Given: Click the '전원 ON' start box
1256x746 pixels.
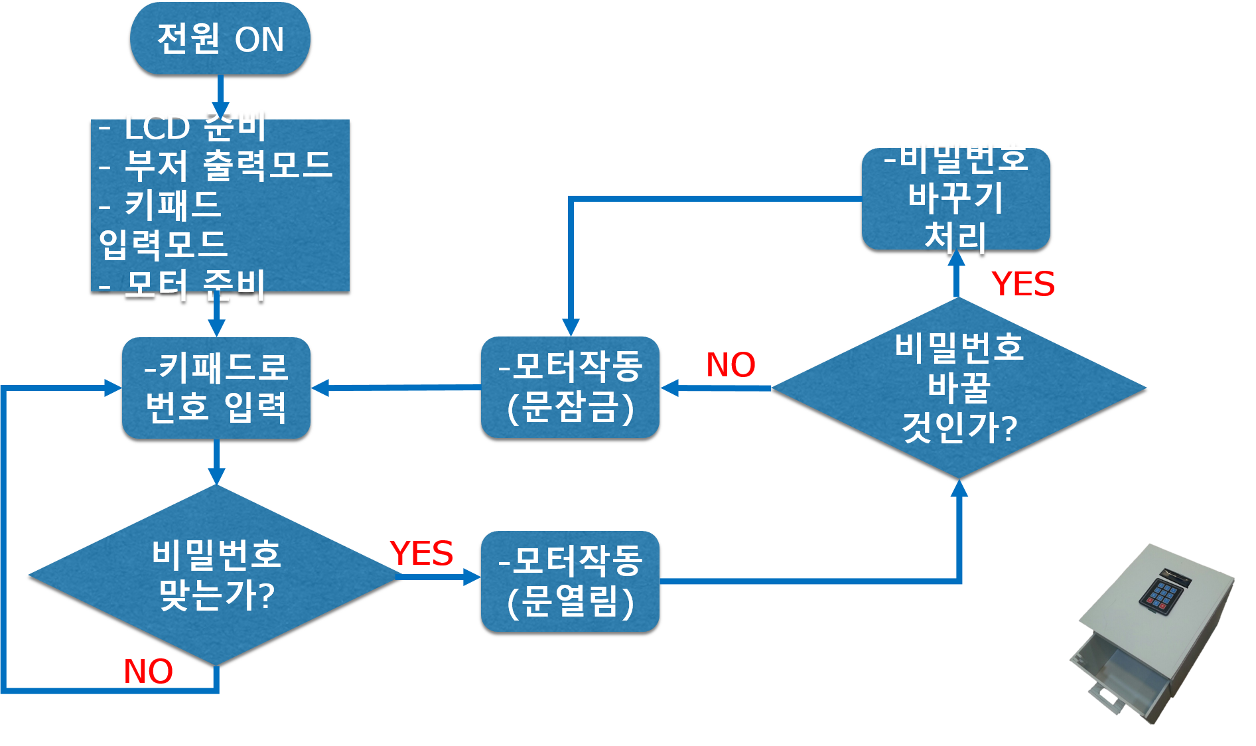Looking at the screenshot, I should click(x=220, y=38).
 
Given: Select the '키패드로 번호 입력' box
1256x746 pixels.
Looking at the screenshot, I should click(x=216, y=388).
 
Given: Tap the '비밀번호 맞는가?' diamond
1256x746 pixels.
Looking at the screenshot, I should click(x=216, y=575).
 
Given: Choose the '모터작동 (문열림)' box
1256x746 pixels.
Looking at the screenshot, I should click(x=570, y=581).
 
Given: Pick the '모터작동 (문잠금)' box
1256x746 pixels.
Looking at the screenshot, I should click(x=570, y=387).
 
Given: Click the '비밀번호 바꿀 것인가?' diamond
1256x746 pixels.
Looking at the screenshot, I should click(x=959, y=388).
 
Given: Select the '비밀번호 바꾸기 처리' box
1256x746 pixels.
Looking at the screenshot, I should click(x=955, y=198).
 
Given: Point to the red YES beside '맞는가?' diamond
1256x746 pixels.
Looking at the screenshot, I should click(x=421, y=553).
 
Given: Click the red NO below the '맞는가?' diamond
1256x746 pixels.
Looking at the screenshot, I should click(x=148, y=671).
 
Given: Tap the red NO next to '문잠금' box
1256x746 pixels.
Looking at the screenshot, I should click(x=731, y=364).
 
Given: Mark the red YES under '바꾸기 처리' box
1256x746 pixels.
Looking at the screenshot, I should click(x=1022, y=284).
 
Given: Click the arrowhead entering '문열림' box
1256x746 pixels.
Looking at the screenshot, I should click(x=472, y=577).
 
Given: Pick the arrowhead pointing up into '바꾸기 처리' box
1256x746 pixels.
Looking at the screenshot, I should click(x=956, y=258).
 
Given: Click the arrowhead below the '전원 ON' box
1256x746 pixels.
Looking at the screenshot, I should click(x=220, y=110).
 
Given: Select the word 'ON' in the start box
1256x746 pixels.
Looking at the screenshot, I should click(x=259, y=39).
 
